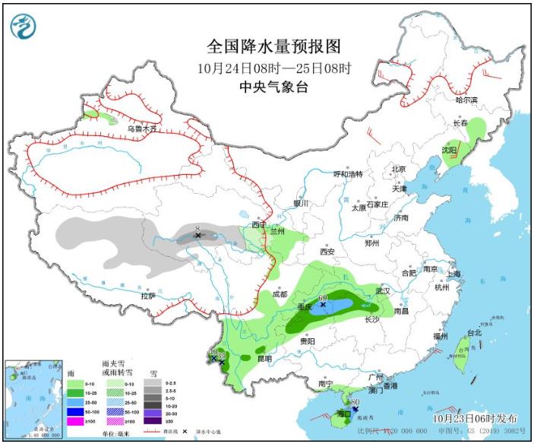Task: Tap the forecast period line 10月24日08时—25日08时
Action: pyautogui.click(x=273, y=68)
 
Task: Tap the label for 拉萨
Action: pyautogui.click(x=148, y=296)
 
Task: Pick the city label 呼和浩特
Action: pyautogui.click(x=349, y=174)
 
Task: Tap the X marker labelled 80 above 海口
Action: pyautogui.click(x=355, y=408)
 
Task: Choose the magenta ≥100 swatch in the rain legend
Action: pyautogui.click(x=74, y=421)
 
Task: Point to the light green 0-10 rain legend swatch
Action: pyautogui.click(x=74, y=382)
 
